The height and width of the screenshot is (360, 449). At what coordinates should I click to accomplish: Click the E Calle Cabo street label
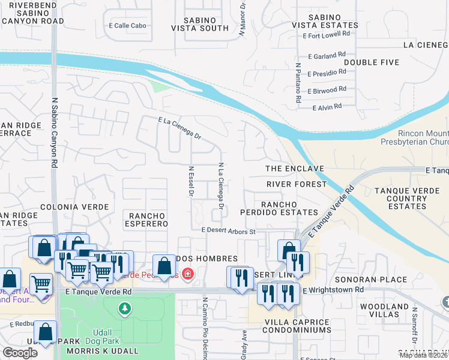[128, 26]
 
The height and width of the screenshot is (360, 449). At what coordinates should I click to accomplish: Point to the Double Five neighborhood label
[372, 62]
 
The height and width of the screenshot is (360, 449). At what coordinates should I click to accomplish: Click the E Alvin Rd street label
[327, 107]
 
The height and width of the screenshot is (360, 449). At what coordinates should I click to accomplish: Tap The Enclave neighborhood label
[295, 169]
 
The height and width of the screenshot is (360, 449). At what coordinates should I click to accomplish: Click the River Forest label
[297, 184]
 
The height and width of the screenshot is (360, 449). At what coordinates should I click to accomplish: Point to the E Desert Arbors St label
[229, 230]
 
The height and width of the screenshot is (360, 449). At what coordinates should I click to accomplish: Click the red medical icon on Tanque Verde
[188, 274]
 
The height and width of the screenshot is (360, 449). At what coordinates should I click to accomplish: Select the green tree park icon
[124, 308]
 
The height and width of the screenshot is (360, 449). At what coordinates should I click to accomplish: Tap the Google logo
[20, 353]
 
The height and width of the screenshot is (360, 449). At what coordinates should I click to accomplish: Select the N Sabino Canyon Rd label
[54, 132]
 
